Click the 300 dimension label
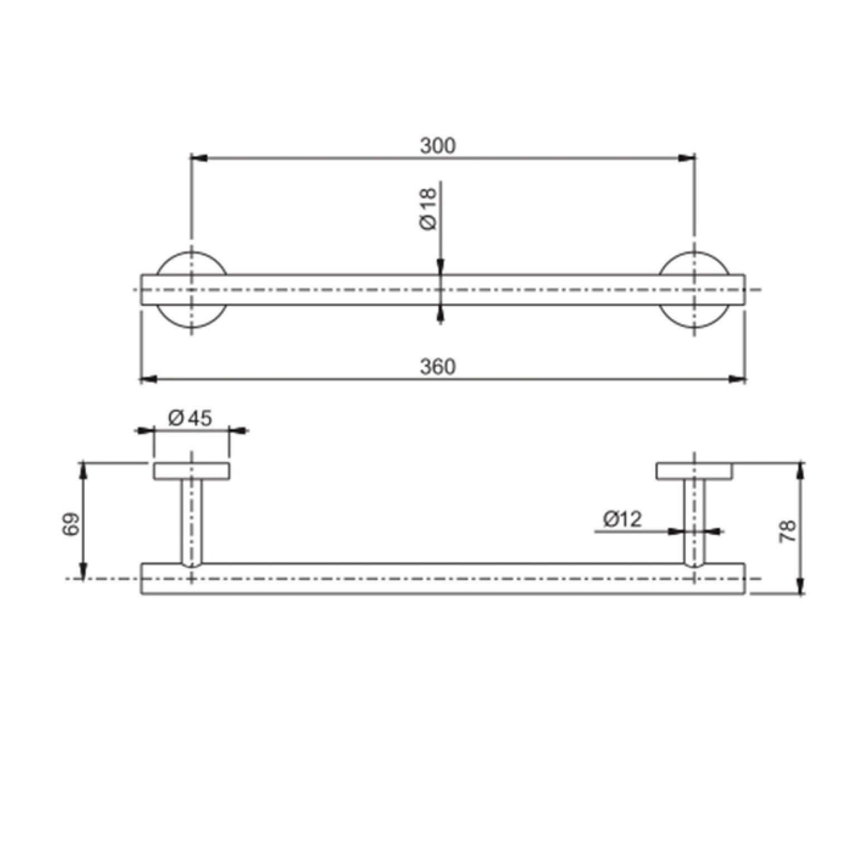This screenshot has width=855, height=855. (438, 145)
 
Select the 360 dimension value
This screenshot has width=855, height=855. (438, 367)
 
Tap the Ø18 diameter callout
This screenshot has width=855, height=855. (428, 209)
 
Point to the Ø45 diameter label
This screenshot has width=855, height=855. (190, 417)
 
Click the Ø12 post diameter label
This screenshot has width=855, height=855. (622, 519)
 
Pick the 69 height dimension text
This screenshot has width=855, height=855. (71, 524)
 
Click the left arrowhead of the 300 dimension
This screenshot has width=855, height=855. (199, 158)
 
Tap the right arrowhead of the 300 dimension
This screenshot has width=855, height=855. (687, 158)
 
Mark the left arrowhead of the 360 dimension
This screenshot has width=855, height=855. (149, 380)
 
